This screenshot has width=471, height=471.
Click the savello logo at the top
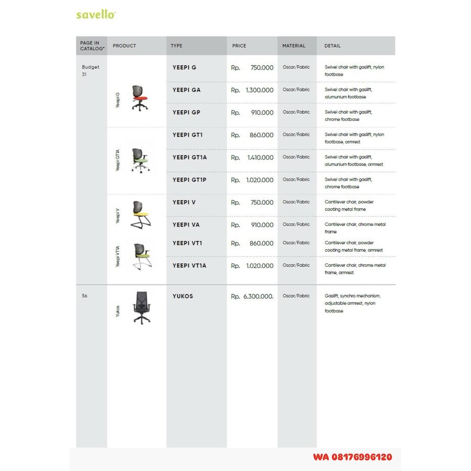pos(96,15)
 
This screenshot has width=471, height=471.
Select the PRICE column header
pos(239,46)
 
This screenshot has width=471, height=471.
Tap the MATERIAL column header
pos(294,46)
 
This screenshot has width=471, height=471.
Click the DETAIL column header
pos(332,46)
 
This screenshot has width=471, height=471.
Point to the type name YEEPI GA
pos(186,90)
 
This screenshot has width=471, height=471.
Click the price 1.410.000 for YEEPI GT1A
pos(260,158)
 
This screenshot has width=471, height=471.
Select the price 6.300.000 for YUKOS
pos(259,297)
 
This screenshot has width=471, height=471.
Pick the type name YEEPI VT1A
pos(189,266)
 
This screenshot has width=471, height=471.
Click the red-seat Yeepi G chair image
pos(139,98)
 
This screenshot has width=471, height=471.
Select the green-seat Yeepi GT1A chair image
pos(140,160)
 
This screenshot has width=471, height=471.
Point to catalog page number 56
pos(85,296)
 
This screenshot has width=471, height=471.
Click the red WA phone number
pos(352,457)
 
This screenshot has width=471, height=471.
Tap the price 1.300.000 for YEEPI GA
pos(260,91)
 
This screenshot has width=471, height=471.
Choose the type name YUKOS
pos(183,296)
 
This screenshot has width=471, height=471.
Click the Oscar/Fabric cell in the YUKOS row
pos(296,296)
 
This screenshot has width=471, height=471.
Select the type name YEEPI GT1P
pos(189,180)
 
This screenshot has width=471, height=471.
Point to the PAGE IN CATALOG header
pos(91,46)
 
